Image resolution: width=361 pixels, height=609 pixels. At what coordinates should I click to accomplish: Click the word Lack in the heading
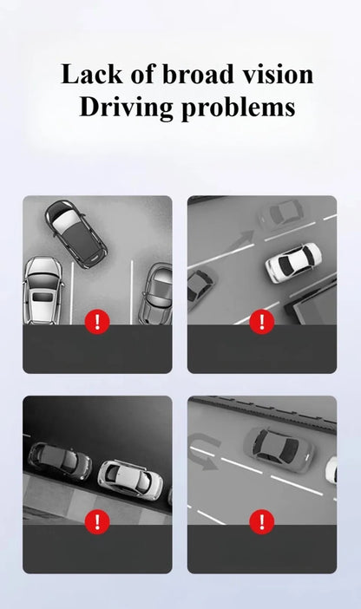(x=92, y=74)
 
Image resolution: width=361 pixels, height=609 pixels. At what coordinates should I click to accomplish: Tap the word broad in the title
(x=198, y=74)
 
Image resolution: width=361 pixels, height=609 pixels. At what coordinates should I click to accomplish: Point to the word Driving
(x=126, y=107)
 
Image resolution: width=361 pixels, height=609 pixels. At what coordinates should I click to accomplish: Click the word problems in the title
(x=238, y=107)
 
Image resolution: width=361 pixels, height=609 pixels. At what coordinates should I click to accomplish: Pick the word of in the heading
(x=142, y=74)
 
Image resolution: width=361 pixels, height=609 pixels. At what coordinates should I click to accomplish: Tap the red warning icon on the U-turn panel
(x=262, y=521)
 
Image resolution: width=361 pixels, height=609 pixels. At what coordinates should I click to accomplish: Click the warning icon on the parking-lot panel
(x=97, y=322)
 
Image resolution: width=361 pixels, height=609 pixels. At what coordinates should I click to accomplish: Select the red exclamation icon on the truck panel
(x=262, y=322)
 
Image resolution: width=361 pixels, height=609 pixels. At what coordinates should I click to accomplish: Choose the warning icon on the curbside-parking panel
(x=97, y=521)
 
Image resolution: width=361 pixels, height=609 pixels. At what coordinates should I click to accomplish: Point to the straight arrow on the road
(x=242, y=240)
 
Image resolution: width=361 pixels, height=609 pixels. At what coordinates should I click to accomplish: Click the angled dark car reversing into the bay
(x=75, y=233)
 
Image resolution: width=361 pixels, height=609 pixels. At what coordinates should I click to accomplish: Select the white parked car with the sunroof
(x=43, y=290)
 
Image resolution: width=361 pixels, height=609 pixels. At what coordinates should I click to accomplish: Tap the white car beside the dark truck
(x=293, y=262)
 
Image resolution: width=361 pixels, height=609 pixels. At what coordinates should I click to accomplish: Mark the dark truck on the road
(x=312, y=303)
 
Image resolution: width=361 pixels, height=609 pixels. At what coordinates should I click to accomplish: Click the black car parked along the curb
(x=60, y=461)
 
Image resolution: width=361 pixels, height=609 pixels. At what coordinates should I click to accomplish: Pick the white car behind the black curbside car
(x=130, y=480)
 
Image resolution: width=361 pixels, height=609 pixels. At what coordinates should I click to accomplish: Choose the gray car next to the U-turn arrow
(x=279, y=449)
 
